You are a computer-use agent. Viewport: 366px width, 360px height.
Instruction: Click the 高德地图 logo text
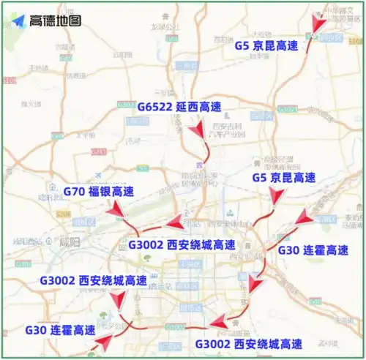tap(56, 20)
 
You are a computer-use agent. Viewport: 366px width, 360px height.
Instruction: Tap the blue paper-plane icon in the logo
tap(19, 20)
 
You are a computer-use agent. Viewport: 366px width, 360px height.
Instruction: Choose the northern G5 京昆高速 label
tap(266, 45)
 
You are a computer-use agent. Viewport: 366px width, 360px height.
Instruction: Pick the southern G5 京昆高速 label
tap(283, 178)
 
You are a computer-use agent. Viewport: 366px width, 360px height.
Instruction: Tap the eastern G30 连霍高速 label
tap(320, 250)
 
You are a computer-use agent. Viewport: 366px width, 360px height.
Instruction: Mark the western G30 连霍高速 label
tap(60, 330)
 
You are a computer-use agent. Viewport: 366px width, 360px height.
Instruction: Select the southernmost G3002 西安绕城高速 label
tap(248, 344)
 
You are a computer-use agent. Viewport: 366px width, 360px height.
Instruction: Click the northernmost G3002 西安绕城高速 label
tap(182, 244)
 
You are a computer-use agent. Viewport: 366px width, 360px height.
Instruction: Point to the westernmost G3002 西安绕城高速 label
tap(93, 280)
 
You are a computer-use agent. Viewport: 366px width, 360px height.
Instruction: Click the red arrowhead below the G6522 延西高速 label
tap(196, 132)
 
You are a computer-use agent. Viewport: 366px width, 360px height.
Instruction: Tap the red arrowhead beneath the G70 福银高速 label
tap(117, 212)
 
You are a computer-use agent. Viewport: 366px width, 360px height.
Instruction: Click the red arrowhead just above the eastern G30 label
tap(304, 216)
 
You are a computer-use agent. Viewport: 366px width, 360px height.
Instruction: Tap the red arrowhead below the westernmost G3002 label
tap(118, 299)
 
